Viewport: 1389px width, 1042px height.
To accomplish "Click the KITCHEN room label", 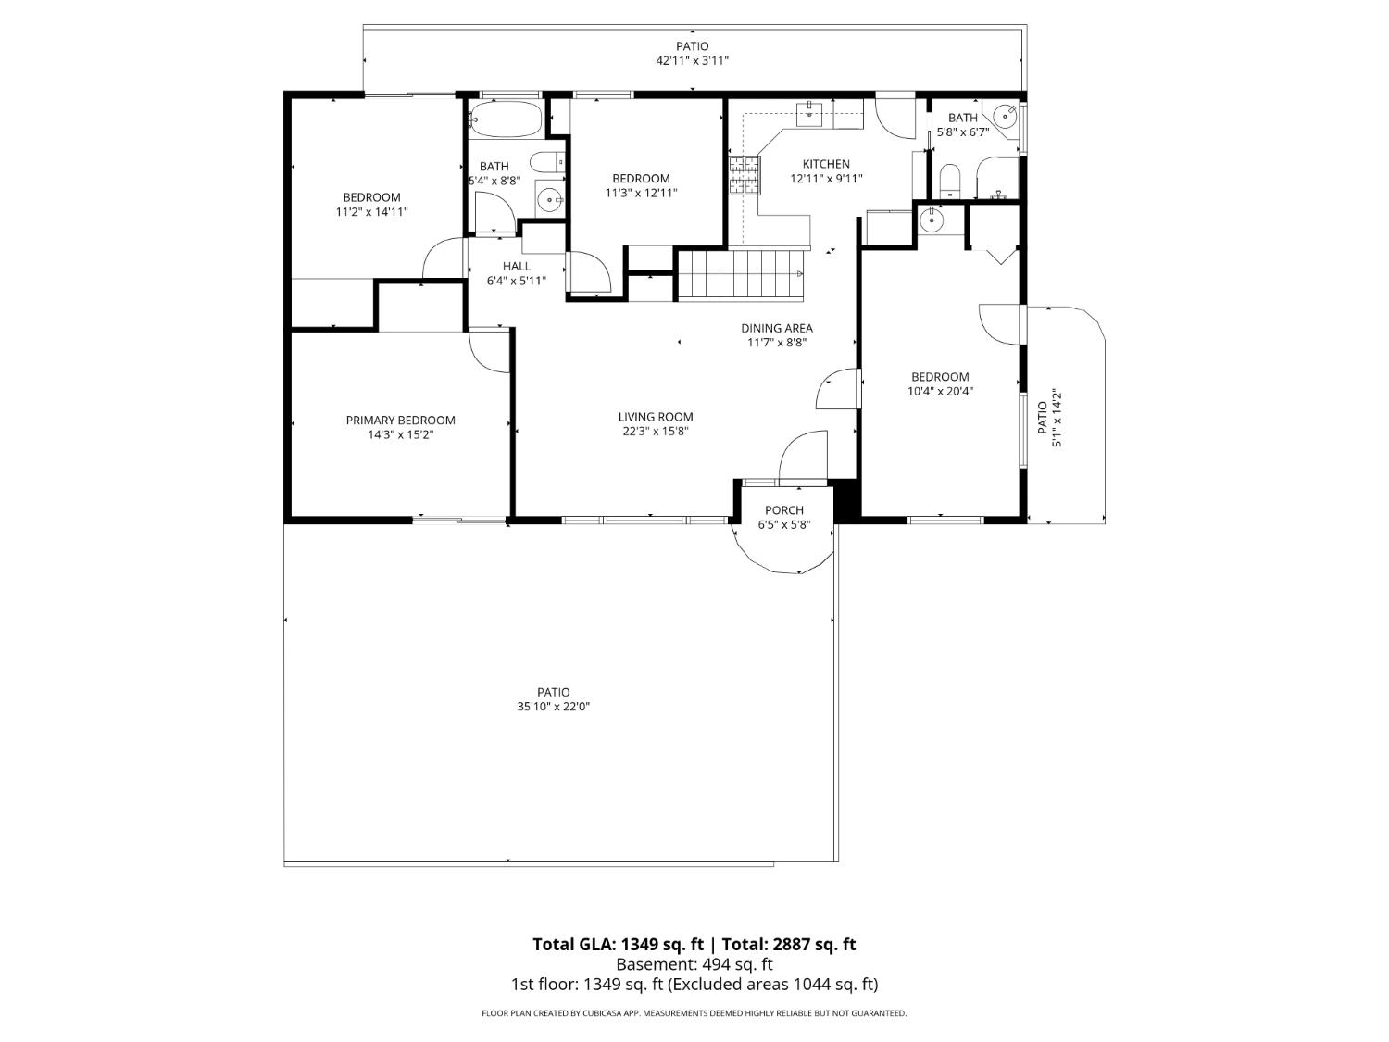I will tap(826, 164).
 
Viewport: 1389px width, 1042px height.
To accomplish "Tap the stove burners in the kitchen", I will tap(744, 176).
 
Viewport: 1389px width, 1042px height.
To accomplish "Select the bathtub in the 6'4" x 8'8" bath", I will tap(505, 118).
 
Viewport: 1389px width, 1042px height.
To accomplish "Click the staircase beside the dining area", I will tap(740, 274).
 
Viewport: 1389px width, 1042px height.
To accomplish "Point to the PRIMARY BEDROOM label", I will tap(400, 420).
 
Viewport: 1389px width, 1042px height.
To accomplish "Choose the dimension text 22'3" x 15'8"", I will tap(656, 431).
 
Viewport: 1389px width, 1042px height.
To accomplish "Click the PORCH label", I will tap(784, 510).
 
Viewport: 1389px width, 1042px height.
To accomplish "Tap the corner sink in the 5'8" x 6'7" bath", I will tap(1006, 116).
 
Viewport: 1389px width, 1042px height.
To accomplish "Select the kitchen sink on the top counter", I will tap(811, 113).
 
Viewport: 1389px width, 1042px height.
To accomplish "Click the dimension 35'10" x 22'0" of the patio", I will tap(554, 707).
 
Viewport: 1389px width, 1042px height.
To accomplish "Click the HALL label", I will tap(517, 266).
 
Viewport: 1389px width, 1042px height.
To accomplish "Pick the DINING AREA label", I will tap(777, 328).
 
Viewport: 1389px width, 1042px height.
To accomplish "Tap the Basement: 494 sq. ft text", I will tap(694, 964).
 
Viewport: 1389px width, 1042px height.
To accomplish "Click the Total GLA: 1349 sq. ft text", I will tap(618, 945).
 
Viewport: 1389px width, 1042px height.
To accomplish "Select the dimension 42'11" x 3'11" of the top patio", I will tap(693, 60).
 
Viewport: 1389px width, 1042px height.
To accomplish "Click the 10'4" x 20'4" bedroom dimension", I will tap(940, 391).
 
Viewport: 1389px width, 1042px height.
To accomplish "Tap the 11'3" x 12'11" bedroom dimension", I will tap(641, 193).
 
